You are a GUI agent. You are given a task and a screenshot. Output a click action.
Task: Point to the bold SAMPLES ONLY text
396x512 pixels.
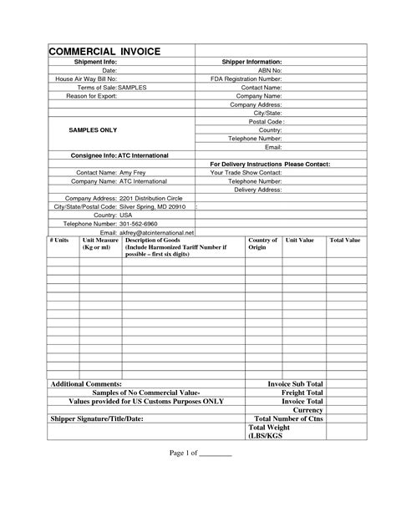(x=92, y=130)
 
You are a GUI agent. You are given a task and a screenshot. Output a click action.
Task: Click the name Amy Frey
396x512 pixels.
(x=133, y=172)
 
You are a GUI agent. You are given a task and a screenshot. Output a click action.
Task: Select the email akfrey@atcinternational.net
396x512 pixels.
(x=157, y=231)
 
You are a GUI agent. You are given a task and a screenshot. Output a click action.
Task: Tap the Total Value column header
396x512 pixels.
(x=344, y=241)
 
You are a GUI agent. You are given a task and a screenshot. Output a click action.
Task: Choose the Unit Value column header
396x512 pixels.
(x=299, y=241)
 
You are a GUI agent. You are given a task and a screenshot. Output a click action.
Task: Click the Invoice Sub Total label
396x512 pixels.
(x=294, y=383)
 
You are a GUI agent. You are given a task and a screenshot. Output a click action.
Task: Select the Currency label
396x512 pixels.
(x=307, y=409)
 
